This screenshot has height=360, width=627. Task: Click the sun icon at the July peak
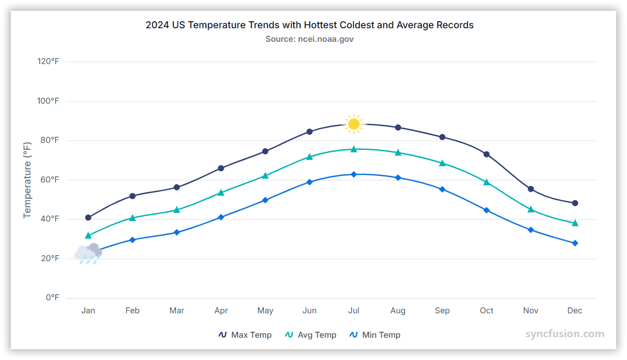(x=354, y=124)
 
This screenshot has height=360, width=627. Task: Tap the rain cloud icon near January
(x=88, y=253)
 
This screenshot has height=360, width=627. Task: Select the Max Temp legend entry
(x=245, y=335)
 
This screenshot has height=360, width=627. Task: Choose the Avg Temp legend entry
(x=311, y=335)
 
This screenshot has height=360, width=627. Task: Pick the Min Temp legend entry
(x=375, y=335)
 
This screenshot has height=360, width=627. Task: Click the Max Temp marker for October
(x=486, y=154)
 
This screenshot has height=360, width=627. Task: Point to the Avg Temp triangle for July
(x=354, y=149)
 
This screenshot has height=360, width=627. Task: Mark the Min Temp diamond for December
(x=575, y=243)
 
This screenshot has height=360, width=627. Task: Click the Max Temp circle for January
(x=88, y=218)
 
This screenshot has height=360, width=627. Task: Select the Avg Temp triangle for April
(x=221, y=192)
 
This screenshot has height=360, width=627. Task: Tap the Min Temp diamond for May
(x=265, y=200)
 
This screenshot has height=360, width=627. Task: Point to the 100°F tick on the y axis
(x=48, y=101)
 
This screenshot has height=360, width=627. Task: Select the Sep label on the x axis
(x=442, y=311)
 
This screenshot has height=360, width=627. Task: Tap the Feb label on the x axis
(x=132, y=311)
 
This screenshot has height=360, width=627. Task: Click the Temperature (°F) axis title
(x=27, y=180)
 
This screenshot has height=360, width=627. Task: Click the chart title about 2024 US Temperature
(x=309, y=25)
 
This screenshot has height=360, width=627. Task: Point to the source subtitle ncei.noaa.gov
(x=309, y=39)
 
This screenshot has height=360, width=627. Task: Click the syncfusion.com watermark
(x=565, y=334)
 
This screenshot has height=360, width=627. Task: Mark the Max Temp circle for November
(x=531, y=189)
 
